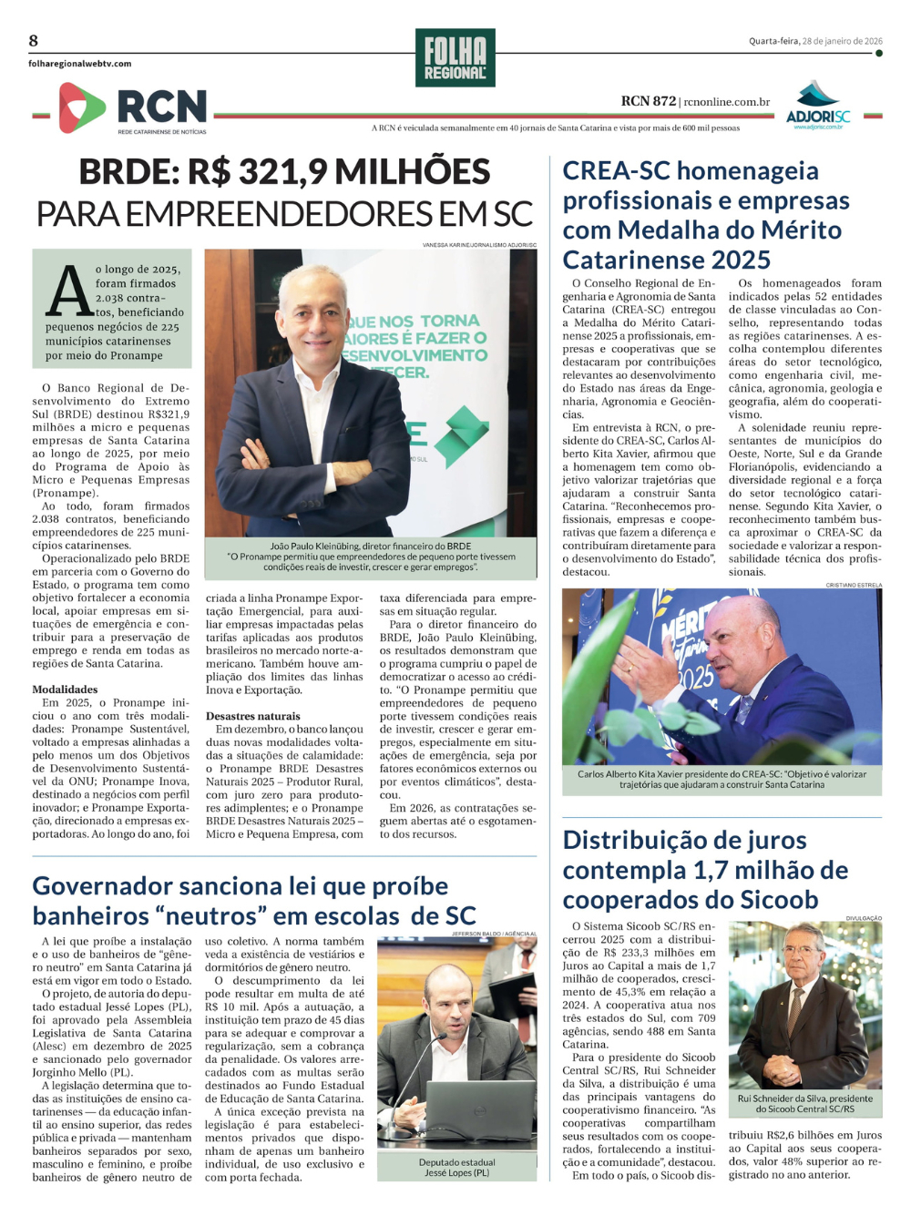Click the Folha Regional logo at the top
coord(455,57)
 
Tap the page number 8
coord(34,40)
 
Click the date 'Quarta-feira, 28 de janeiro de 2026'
coord(815,41)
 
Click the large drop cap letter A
coord(69,291)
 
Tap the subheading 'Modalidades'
coord(65,690)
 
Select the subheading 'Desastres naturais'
coord(252,716)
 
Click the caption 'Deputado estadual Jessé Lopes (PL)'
coord(456,1168)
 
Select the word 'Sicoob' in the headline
coord(774,901)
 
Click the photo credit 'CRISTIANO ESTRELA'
coord(854,585)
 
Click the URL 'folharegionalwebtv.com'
coord(80,64)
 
